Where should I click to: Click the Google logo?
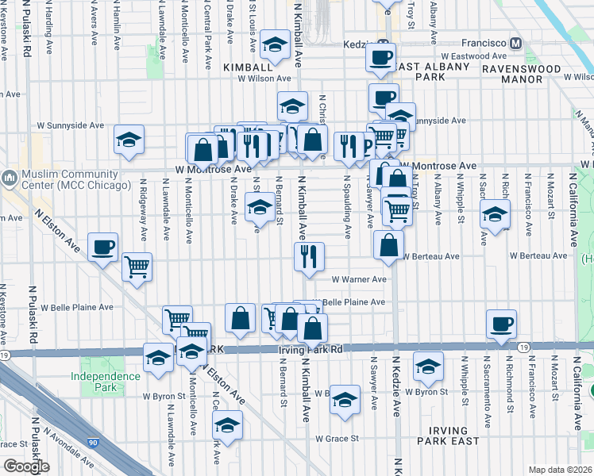[26, 466]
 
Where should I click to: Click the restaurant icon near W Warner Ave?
[307, 256]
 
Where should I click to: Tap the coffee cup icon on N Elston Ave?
[102, 247]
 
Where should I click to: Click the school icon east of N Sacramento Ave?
[495, 214]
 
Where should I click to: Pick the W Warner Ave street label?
[359, 279]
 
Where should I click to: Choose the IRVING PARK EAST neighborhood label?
[449, 435]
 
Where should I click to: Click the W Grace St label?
[337, 438]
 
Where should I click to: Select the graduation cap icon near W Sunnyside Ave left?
[128, 140]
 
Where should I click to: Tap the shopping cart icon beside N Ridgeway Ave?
[137, 267]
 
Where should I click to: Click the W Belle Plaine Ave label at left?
[77, 307]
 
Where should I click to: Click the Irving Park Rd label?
[310, 349]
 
